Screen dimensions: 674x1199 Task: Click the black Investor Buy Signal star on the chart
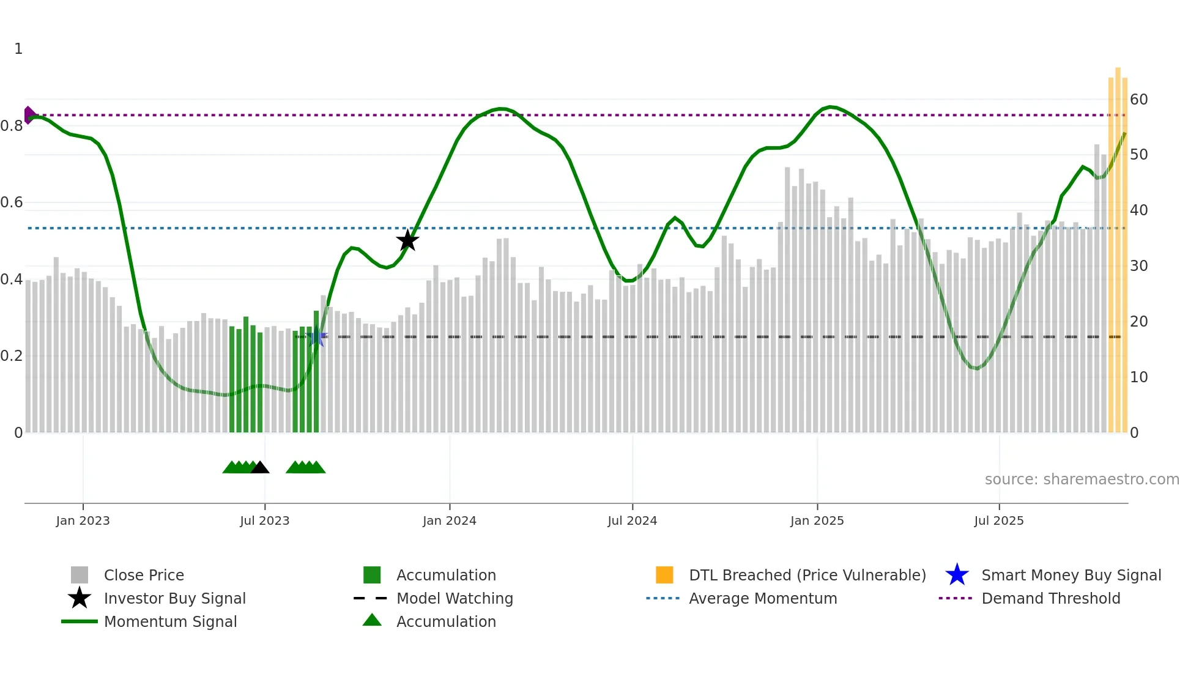(x=407, y=240)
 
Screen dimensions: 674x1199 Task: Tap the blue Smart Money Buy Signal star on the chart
(x=316, y=336)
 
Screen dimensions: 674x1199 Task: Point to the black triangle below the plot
(x=260, y=467)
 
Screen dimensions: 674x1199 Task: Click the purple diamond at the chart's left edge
(x=29, y=115)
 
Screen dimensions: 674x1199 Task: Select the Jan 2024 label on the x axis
(x=449, y=520)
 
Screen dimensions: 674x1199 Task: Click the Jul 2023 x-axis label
(x=264, y=520)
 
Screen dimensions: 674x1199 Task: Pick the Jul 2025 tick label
(x=998, y=520)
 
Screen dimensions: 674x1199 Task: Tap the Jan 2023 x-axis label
(x=83, y=520)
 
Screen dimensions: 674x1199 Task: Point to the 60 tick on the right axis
(x=1138, y=100)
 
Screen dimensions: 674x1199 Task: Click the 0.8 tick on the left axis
(x=12, y=126)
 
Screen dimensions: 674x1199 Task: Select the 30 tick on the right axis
(x=1138, y=266)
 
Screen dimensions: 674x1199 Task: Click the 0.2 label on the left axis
(x=12, y=356)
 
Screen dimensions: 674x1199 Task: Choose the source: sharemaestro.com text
(x=1082, y=480)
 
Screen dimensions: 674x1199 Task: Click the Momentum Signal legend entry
(x=170, y=621)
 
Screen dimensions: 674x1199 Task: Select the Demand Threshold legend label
(x=1050, y=598)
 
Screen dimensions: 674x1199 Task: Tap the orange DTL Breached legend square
(x=664, y=575)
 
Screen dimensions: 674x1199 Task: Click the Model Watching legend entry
(x=455, y=598)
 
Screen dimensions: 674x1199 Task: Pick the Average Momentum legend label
(x=763, y=598)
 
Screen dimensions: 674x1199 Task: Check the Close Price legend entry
(x=144, y=575)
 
